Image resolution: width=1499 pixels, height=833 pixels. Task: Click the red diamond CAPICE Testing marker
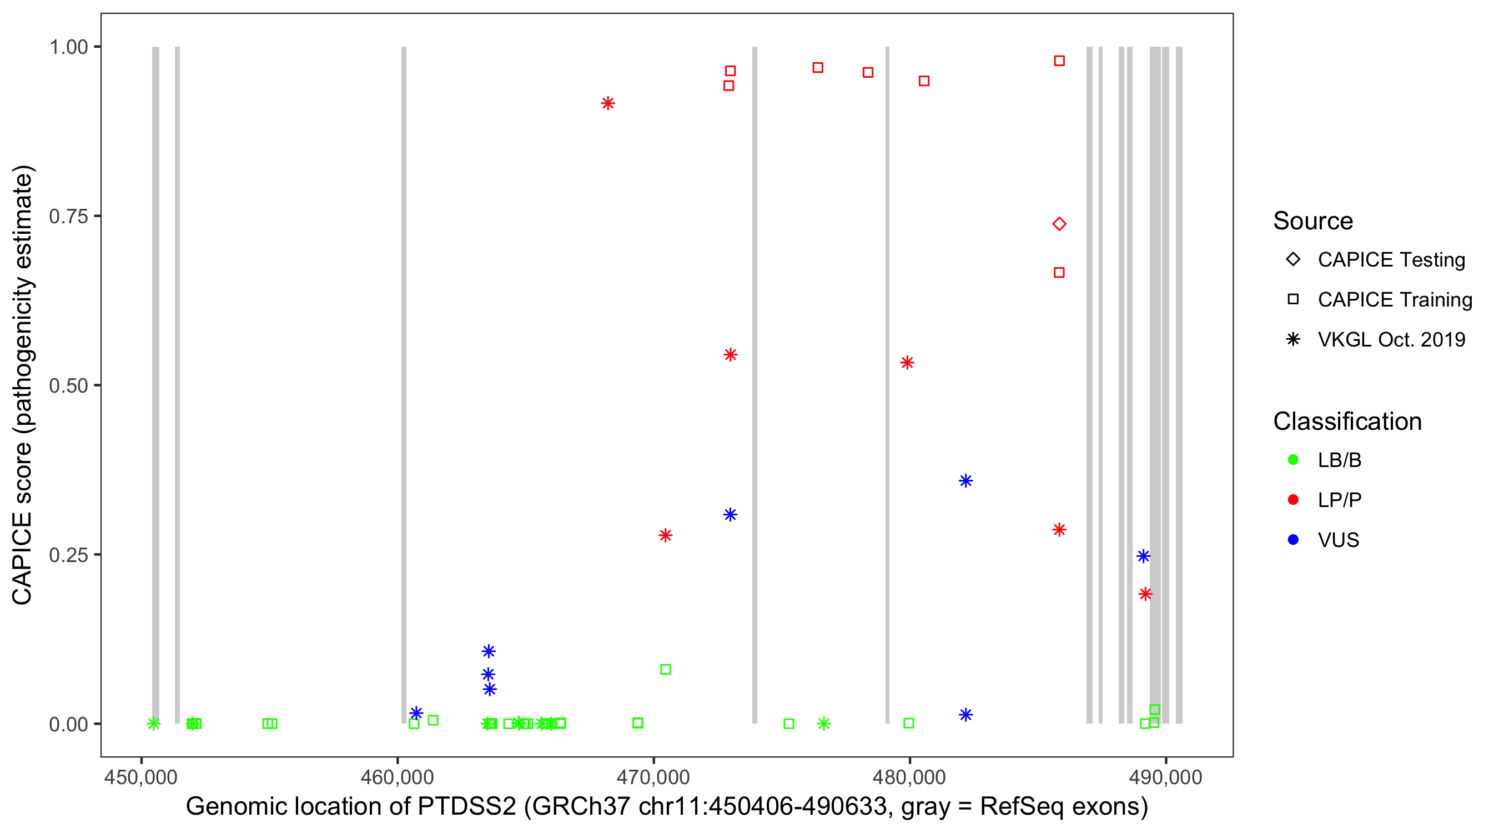click(1059, 224)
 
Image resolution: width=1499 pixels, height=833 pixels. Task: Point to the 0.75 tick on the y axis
click(68, 217)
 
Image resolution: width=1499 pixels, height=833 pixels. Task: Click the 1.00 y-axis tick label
click(68, 47)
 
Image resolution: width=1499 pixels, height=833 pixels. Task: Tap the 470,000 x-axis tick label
click(653, 777)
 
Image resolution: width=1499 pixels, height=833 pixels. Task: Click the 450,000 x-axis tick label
click(141, 777)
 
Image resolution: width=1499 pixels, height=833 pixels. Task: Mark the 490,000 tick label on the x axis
click(1165, 777)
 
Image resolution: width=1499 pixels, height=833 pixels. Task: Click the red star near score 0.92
click(608, 104)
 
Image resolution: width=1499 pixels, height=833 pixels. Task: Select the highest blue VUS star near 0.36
click(966, 481)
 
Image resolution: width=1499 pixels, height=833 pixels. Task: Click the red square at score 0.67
click(1059, 273)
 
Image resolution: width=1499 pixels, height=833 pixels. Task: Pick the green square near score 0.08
click(666, 669)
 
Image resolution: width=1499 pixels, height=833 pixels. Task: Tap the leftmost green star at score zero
click(154, 724)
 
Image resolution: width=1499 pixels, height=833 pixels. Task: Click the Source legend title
click(1313, 221)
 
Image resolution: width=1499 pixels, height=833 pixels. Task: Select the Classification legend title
click(1347, 421)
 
